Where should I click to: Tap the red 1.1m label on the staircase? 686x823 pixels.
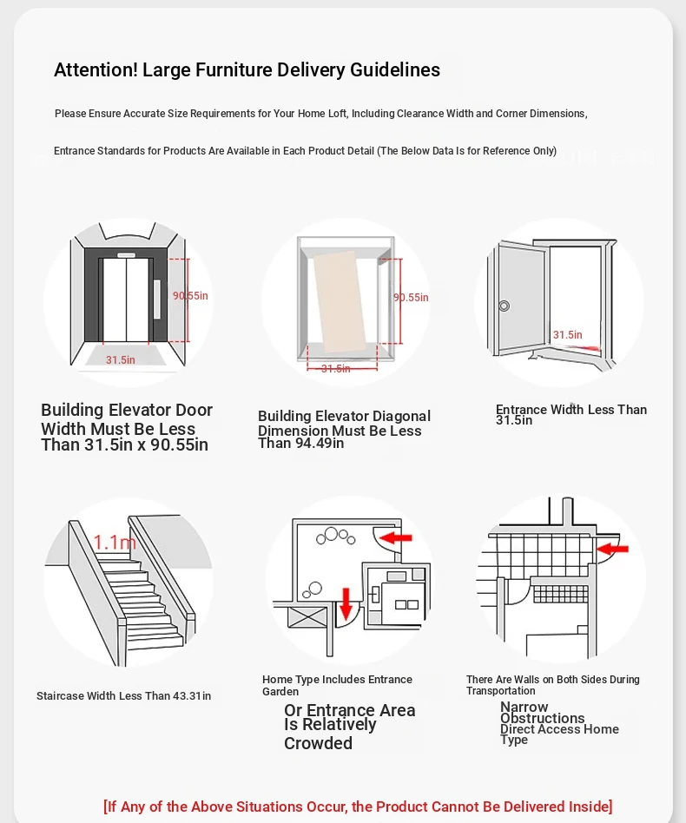coord(115,543)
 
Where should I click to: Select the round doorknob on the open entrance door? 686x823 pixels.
coord(504,306)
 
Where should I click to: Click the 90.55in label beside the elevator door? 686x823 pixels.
coord(190,296)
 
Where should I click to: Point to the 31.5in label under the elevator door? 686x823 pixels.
coord(121,359)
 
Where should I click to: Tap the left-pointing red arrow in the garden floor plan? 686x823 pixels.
coord(397,538)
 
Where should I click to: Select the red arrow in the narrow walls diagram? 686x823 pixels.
coord(614,548)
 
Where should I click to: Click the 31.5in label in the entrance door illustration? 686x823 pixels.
coord(568,335)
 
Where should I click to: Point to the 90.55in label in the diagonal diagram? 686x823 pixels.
coord(411,298)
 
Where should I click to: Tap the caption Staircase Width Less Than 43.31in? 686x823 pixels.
coord(123,696)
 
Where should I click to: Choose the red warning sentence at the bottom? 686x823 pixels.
coord(358,807)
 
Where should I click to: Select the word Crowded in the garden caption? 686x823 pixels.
coord(318,744)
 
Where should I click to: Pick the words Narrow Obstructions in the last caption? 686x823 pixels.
coord(542,713)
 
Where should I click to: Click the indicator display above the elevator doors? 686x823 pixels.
coord(126,255)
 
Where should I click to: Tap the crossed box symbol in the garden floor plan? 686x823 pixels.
coord(306,616)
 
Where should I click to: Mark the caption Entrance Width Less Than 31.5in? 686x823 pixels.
coord(571,415)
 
